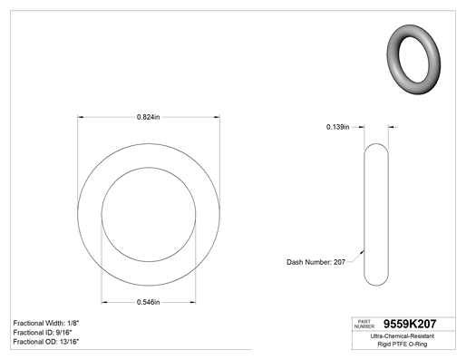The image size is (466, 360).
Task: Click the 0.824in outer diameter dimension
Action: tap(148, 117)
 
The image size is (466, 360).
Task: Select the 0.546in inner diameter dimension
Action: tap(148, 302)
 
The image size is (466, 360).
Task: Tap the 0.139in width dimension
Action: tap(337, 127)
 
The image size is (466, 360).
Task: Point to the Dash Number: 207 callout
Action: tap(316, 262)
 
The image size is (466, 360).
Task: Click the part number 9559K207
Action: tap(410, 324)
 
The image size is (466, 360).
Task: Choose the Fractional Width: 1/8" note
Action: tap(46, 323)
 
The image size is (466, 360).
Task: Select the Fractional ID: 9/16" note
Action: tap(43, 333)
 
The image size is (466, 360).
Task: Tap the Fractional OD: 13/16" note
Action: tap(46, 342)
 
